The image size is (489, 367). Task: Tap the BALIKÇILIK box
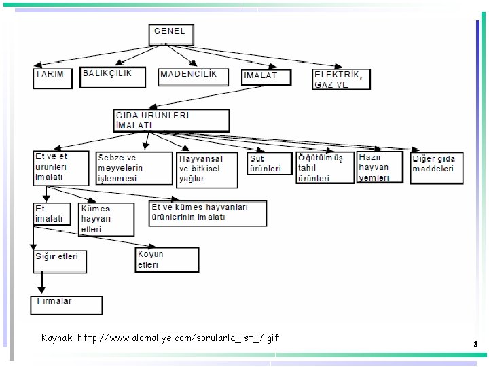pyautogui.click(x=113, y=77)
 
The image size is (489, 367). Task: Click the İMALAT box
pyautogui.click(x=266, y=77)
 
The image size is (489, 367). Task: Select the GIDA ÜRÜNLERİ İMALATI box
pyautogui.click(x=172, y=120)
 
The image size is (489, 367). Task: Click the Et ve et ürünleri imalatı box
pyautogui.click(x=60, y=167)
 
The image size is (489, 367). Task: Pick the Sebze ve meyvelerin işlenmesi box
pyautogui.click(x=134, y=168)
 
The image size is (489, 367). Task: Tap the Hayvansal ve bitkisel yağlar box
pyautogui.click(x=207, y=169)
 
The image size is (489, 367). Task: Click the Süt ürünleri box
pyautogui.click(x=269, y=164)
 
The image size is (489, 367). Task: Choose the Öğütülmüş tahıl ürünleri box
pyautogui.click(x=325, y=167)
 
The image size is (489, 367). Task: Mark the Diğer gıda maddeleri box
pyautogui.click(x=437, y=167)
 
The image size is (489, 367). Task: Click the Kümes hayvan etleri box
pyautogui.click(x=107, y=219)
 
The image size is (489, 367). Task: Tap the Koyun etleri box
pyautogui.click(x=167, y=260)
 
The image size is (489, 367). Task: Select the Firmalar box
pyautogui.click(x=66, y=305)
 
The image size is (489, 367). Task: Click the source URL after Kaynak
pyautogui.click(x=178, y=338)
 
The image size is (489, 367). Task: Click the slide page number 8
pyautogui.click(x=475, y=345)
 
